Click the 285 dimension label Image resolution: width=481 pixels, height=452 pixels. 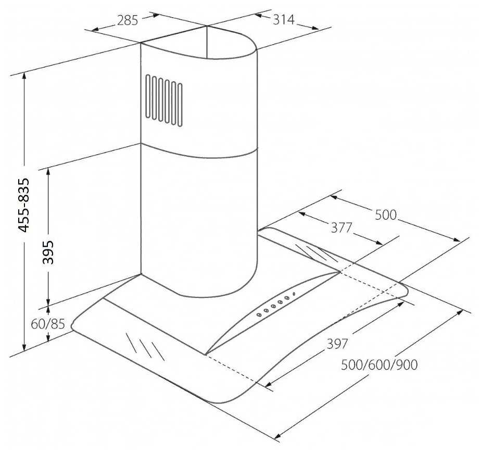(x=128, y=21)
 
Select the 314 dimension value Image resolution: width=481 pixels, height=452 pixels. (x=283, y=20)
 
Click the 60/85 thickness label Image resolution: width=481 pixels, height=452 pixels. (x=47, y=324)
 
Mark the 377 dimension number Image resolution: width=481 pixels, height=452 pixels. (x=341, y=228)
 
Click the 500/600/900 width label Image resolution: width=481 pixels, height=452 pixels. (x=379, y=365)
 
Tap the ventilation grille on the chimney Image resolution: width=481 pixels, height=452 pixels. (x=164, y=99)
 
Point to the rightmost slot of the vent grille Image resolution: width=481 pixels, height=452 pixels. (x=180, y=104)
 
